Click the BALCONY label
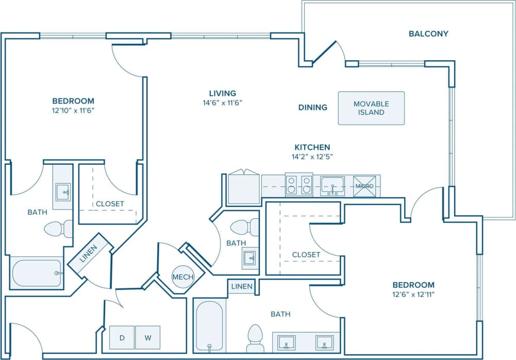click(x=428, y=34)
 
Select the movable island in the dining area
click(x=371, y=108)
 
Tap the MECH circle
click(x=182, y=277)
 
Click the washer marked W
click(x=147, y=338)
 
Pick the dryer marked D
click(x=122, y=338)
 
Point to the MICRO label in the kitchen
click(x=365, y=185)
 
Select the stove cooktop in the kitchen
click(x=299, y=185)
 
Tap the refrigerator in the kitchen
click(x=244, y=188)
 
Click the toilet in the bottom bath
click(x=255, y=337)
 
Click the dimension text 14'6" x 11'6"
click(x=223, y=102)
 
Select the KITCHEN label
click(x=312, y=147)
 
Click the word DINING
click(x=313, y=108)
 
